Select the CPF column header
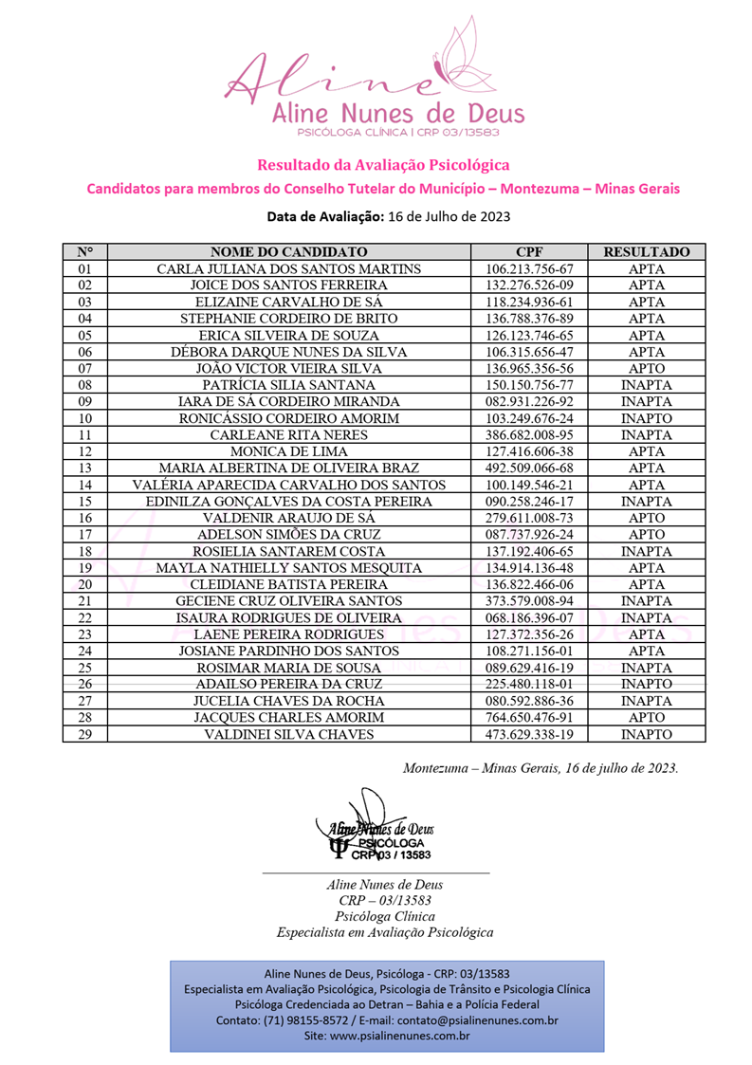(529, 252)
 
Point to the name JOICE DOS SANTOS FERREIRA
(288, 285)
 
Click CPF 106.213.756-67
(529, 268)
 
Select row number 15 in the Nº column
(84, 501)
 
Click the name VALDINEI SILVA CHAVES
(288, 734)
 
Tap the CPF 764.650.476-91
(529, 717)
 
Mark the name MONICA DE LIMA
(288, 451)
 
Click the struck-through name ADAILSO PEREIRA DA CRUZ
(288, 684)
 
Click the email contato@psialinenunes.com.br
(477, 1020)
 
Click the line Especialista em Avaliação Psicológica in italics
(384, 932)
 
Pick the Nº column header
(84, 252)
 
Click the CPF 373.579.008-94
(529, 600)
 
